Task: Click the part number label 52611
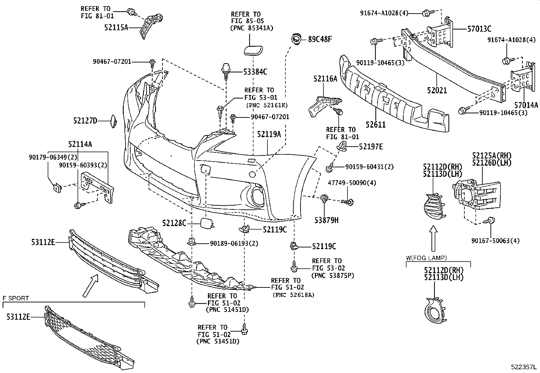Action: point(375,124)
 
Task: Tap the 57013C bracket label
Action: point(479,29)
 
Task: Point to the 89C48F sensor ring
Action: point(296,39)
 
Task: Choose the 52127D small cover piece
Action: point(113,121)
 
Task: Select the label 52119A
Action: point(269,134)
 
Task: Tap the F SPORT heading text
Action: point(16,298)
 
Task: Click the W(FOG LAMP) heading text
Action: point(426,258)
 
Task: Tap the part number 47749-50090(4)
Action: point(352,183)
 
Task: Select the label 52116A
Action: point(325,79)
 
